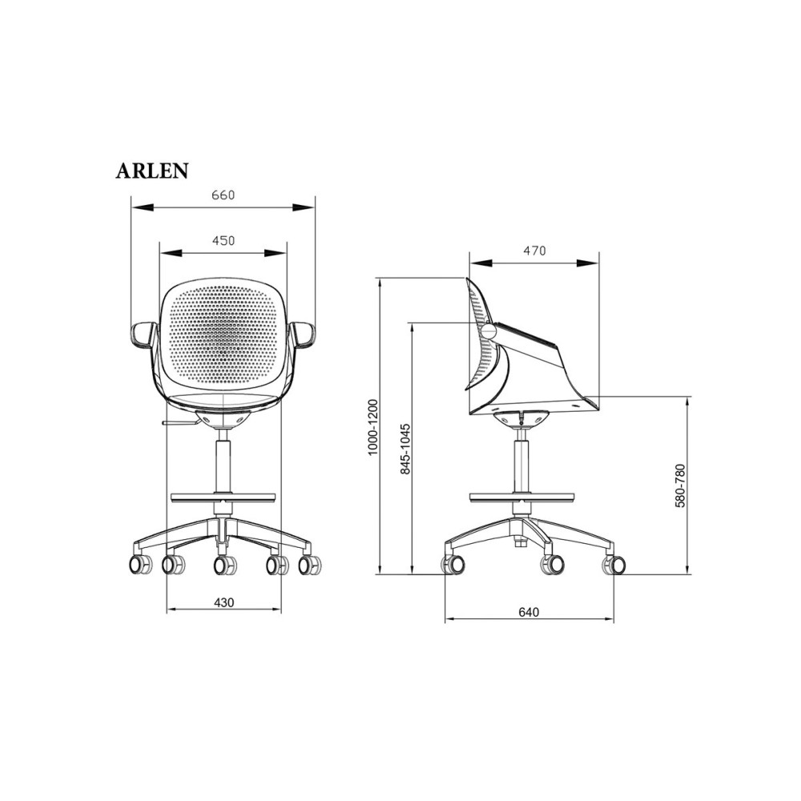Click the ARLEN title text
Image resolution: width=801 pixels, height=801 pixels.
(x=152, y=171)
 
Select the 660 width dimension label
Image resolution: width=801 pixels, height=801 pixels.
(x=223, y=195)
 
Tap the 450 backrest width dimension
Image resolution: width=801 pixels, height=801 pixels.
(x=223, y=239)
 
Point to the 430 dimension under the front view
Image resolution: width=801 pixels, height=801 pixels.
(x=223, y=603)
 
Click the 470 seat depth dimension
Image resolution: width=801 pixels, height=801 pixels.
(x=534, y=250)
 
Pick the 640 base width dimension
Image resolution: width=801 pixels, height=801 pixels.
(x=529, y=612)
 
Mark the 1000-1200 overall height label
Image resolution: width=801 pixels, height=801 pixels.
(x=372, y=427)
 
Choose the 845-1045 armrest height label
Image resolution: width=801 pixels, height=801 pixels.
(x=405, y=448)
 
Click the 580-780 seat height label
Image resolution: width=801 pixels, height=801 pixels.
(x=680, y=485)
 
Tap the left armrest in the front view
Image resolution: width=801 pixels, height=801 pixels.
(x=143, y=335)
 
